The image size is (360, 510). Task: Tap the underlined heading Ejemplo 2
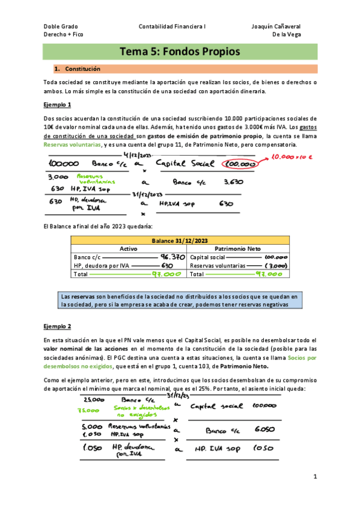coord(58,327)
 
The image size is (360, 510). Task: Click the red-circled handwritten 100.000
coord(241,164)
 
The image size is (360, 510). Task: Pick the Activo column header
coord(129,248)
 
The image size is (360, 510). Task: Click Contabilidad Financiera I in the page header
coord(172,26)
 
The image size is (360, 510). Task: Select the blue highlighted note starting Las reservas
coord(180,301)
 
